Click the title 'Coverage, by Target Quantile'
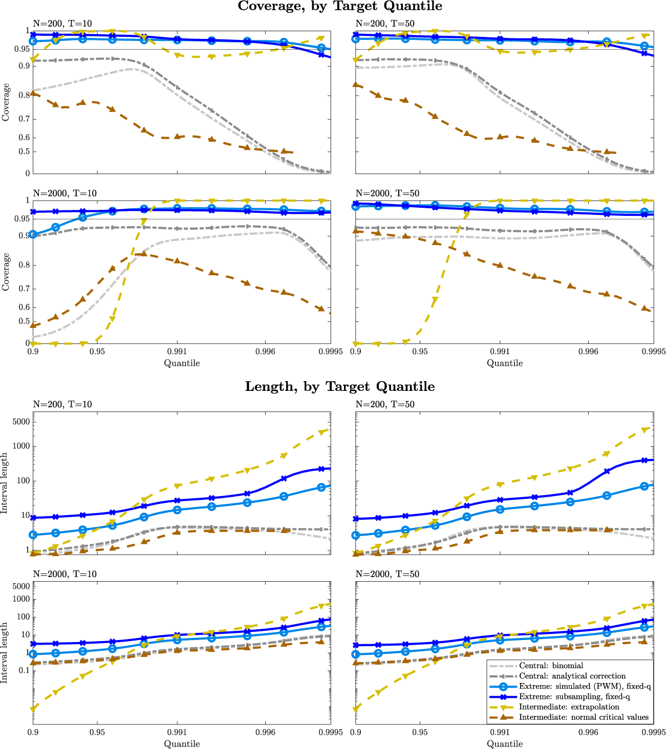(x=340, y=6)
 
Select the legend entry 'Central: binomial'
(x=551, y=666)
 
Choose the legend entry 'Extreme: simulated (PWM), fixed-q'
(x=585, y=686)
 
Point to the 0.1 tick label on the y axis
(x=24, y=670)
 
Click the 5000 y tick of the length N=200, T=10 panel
(x=21, y=422)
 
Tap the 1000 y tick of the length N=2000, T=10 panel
(x=21, y=599)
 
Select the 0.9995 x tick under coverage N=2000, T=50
(x=654, y=351)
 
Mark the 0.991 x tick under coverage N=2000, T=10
(x=177, y=351)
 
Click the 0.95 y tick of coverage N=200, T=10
(x=22, y=49)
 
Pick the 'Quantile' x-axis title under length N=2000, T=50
(x=505, y=743)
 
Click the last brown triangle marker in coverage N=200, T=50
(x=607, y=151)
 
